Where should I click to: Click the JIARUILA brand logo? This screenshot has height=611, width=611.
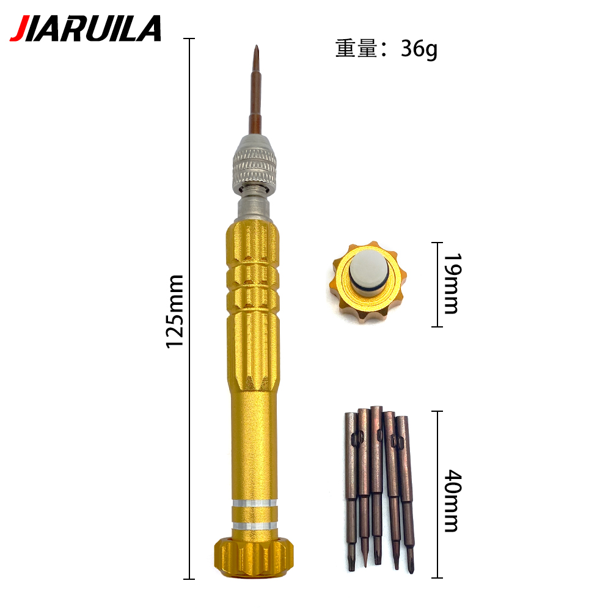click(x=86, y=28)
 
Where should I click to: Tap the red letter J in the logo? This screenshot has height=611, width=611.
click(x=18, y=29)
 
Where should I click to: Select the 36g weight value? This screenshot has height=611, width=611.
click(x=419, y=48)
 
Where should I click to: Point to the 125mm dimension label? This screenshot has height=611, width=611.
click(x=176, y=312)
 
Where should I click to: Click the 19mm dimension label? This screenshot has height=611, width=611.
click(x=451, y=284)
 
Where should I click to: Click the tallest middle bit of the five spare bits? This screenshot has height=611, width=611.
click(x=376, y=483)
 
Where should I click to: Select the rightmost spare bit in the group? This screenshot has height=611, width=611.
click(x=405, y=489)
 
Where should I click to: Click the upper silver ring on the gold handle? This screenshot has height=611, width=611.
click(x=254, y=505)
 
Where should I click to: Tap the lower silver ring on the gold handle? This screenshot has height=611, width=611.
click(x=254, y=524)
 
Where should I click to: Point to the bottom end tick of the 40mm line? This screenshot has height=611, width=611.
click(x=436, y=577)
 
